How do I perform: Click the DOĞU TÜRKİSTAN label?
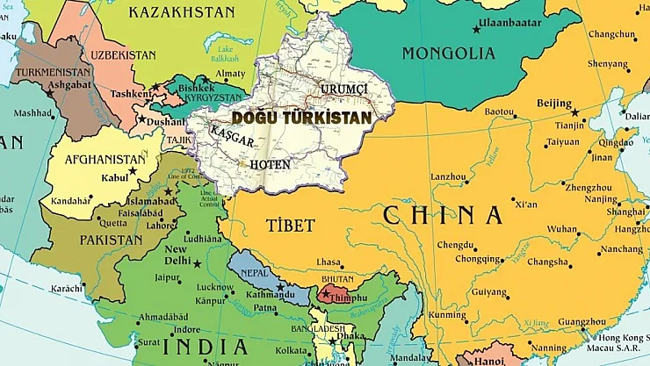coord(301,116)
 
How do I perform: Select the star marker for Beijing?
coord(577,112)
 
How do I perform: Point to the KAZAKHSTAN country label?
coord(182,12)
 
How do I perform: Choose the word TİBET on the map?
coord(289,226)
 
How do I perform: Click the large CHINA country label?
coord(443,215)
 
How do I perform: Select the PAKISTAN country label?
coord(111,239)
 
